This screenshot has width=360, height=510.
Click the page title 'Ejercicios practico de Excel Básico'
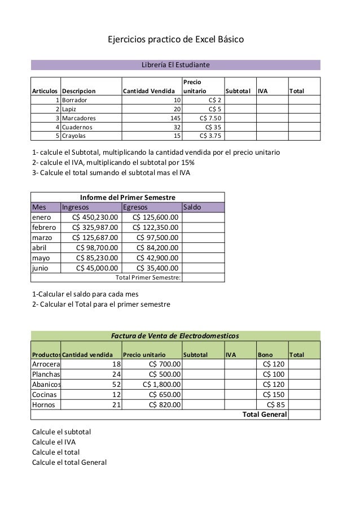176,41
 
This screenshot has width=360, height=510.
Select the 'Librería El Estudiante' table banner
175,65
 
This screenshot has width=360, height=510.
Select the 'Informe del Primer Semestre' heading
128,197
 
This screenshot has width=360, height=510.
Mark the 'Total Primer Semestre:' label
148,277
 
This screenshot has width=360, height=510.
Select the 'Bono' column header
265,355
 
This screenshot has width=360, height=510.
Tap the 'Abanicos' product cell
46,384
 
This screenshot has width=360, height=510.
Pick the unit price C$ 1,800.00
163,384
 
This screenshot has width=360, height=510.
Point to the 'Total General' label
264,415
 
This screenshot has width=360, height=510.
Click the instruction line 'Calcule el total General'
69,463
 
